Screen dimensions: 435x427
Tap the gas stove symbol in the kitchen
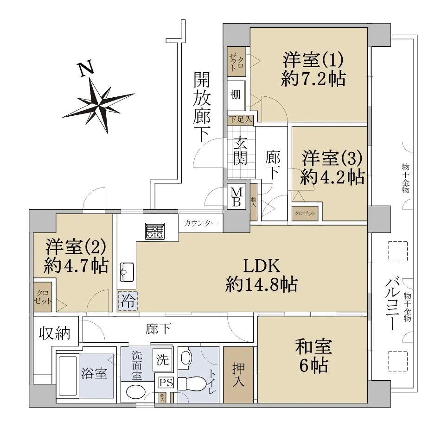155,231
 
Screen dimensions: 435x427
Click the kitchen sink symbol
127,272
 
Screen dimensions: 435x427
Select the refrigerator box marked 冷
128,301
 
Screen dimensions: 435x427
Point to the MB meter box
237,197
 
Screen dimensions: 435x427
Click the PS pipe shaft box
166,383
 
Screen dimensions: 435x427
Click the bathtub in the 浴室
68,376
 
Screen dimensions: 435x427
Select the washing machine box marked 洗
162,360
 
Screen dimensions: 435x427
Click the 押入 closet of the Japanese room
238,375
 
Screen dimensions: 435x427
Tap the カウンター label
201,223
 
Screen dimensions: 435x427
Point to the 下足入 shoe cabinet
241,119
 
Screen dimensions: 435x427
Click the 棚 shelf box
236,95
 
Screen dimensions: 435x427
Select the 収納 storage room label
54,333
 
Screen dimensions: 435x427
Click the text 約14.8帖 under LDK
262,284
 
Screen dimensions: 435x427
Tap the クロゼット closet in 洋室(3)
305,213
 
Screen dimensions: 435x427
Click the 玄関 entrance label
240,151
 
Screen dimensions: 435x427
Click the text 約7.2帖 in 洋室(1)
313,79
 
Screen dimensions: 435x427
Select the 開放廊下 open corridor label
202,107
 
